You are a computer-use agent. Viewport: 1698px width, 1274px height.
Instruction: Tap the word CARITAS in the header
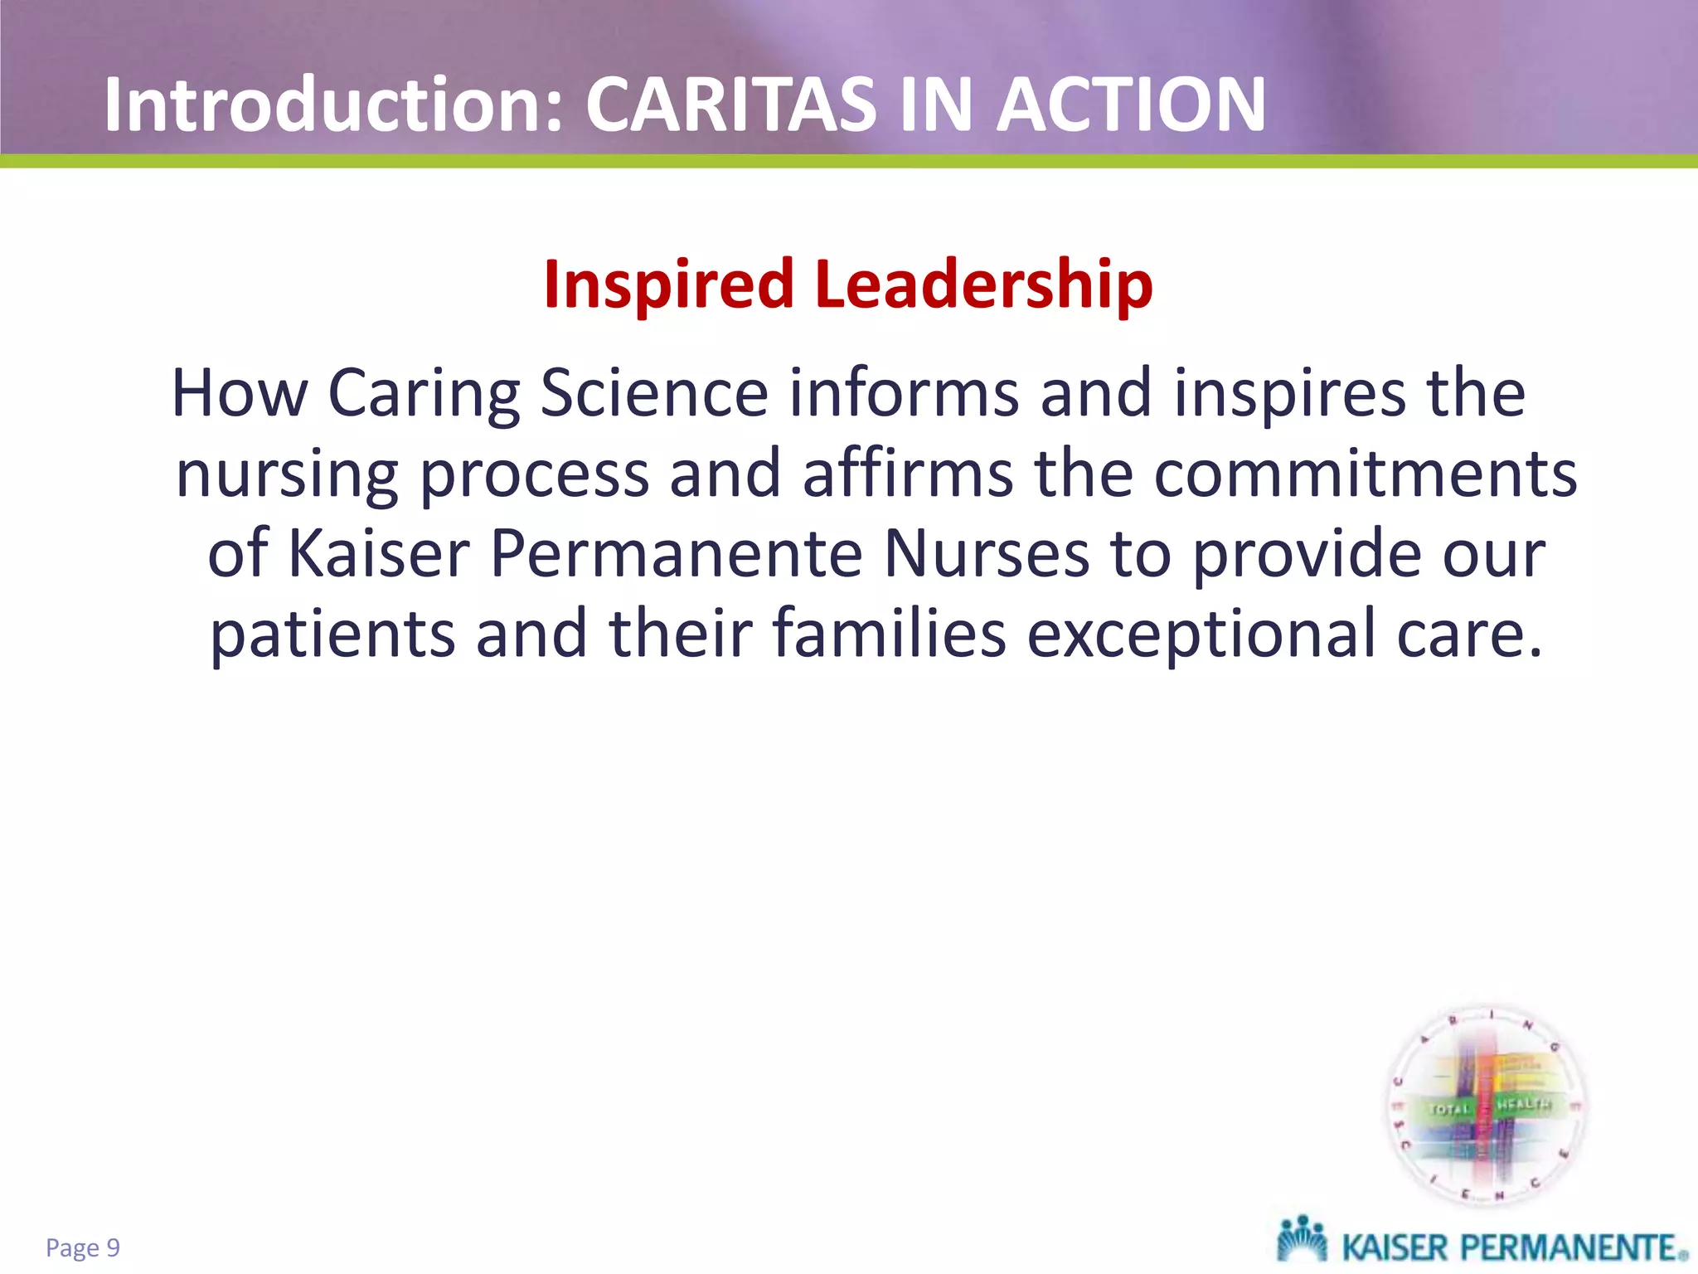(x=730, y=105)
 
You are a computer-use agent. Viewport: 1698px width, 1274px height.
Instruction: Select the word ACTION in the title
(x=1131, y=105)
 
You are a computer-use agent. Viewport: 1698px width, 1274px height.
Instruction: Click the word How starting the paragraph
(x=239, y=393)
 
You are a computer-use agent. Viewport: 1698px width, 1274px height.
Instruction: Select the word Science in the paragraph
(x=654, y=393)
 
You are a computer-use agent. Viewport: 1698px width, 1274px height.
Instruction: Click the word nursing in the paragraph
(x=287, y=474)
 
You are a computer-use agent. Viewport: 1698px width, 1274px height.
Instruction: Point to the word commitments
(x=1365, y=474)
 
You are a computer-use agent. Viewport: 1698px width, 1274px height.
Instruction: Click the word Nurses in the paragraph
(x=987, y=554)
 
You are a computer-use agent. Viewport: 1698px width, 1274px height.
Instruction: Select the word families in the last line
(x=889, y=634)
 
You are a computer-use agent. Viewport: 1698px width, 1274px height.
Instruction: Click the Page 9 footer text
(x=83, y=1247)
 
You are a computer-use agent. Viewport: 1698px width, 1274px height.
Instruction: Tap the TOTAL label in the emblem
(x=1448, y=1109)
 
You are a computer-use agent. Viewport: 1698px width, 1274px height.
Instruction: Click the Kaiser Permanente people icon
(x=1302, y=1242)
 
